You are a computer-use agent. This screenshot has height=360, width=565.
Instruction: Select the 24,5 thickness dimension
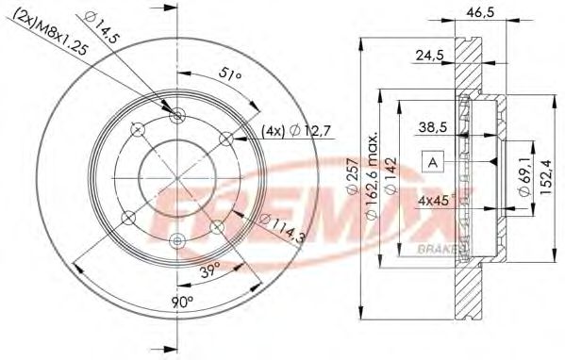(x=430, y=56)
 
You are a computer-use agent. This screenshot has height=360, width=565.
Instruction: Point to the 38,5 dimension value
(x=433, y=124)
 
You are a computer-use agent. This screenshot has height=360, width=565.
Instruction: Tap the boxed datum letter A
(x=433, y=162)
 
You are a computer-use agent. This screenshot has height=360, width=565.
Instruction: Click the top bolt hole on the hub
(x=179, y=115)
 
